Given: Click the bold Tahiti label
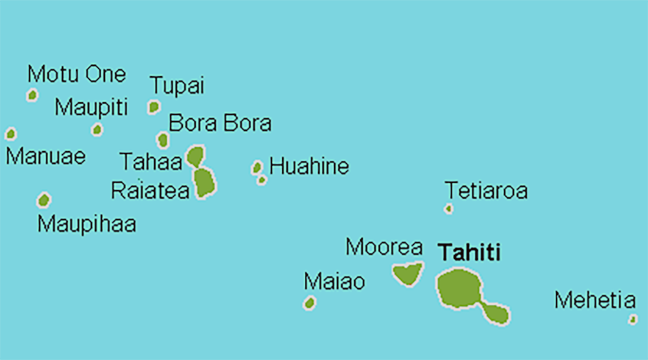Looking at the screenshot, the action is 469,252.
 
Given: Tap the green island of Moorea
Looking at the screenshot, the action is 407,274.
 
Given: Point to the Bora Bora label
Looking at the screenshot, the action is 219,123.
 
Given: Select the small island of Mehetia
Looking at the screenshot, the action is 633,319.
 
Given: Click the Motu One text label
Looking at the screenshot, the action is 77,74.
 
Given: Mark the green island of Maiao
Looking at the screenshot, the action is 310,303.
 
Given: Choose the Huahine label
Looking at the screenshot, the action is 309,166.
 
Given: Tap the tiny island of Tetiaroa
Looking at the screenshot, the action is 449,209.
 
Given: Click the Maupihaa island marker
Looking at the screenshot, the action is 43,200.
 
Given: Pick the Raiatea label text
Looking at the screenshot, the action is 150,191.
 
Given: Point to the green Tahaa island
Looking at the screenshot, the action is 196,156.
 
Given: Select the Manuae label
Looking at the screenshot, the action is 46,157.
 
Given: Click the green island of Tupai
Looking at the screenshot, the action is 154,107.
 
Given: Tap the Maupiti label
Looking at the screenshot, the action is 91,108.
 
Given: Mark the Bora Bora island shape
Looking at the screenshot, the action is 163,140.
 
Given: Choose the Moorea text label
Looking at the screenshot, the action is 384,247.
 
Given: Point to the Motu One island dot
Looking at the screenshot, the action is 32,94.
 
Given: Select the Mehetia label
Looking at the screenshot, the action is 595,300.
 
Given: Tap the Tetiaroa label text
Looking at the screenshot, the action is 486,191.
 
